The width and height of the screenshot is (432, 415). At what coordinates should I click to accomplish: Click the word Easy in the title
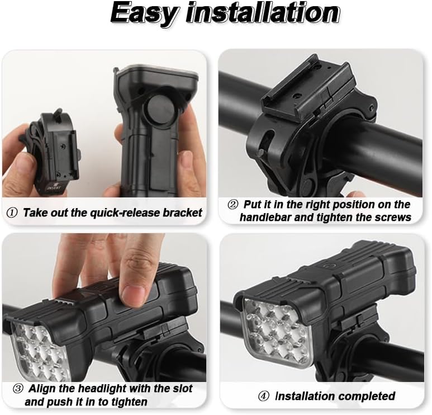pyautogui.click(x=145, y=14)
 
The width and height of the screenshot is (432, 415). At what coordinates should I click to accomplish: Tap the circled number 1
pyautogui.click(x=12, y=213)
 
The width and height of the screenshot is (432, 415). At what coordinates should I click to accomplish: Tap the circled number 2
pyautogui.click(x=233, y=205)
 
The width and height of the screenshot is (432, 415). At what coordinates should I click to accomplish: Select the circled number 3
pyautogui.click(x=18, y=389)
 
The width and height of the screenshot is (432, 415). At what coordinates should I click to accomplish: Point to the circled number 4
pyautogui.click(x=263, y=397)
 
